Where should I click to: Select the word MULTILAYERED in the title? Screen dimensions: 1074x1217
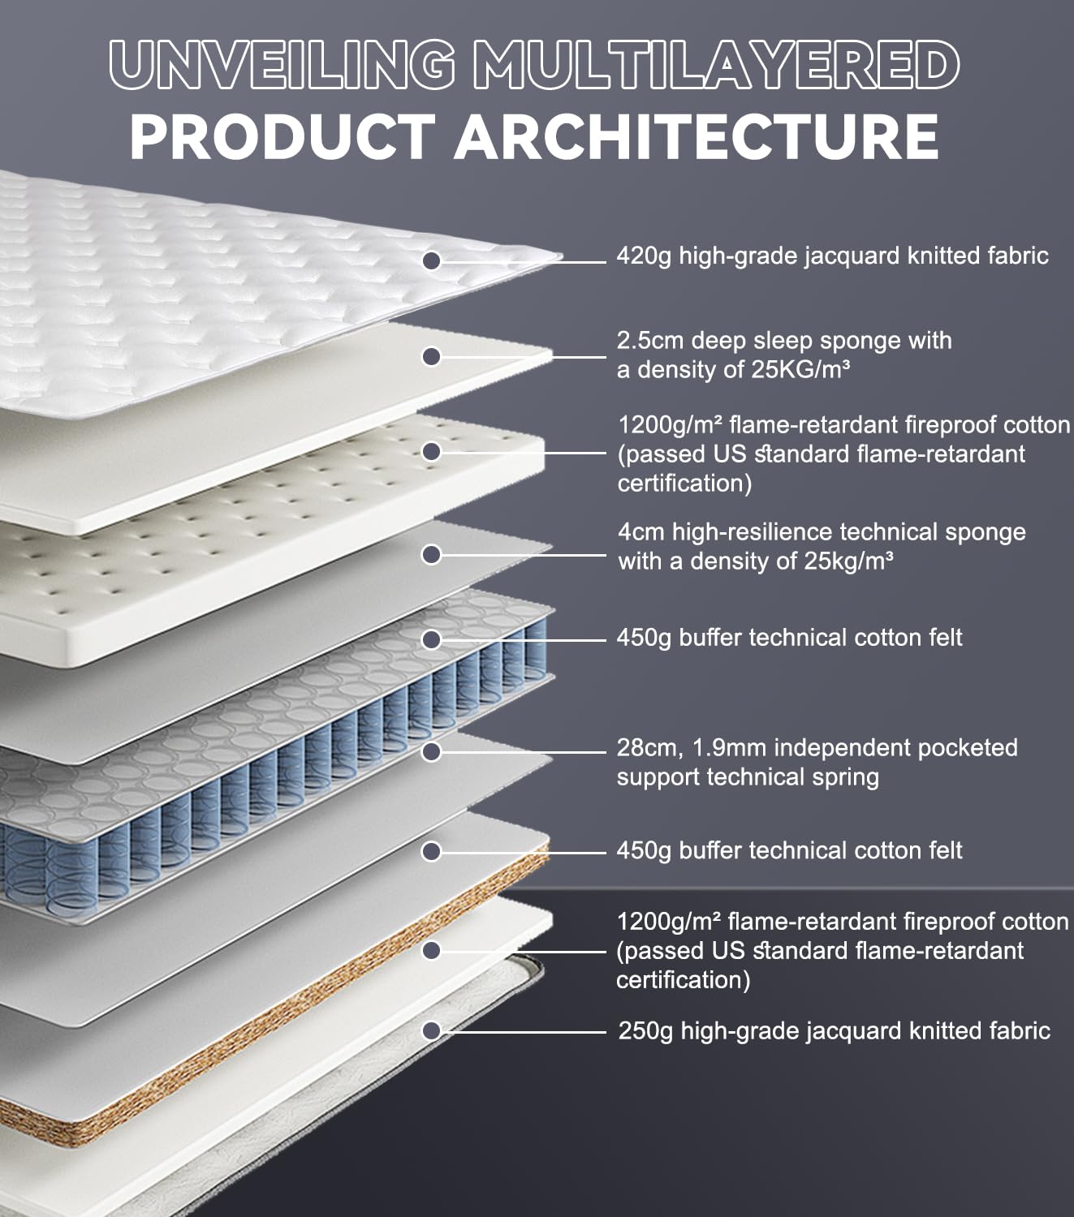(x=716, y=66)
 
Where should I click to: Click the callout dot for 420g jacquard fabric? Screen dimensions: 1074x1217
(x=432, y=260)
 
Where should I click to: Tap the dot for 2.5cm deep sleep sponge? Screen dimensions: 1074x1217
(x=432, y=357)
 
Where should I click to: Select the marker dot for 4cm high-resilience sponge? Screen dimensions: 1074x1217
(x=432, y=555)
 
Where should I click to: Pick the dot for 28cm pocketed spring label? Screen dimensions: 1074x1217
(x=432, y=752)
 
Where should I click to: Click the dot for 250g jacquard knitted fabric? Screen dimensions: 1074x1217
(x=432, y=1030)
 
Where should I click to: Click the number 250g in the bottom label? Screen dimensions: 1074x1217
(x=645, y=1031)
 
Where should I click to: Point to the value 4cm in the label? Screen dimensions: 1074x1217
(x=641, y=532)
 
